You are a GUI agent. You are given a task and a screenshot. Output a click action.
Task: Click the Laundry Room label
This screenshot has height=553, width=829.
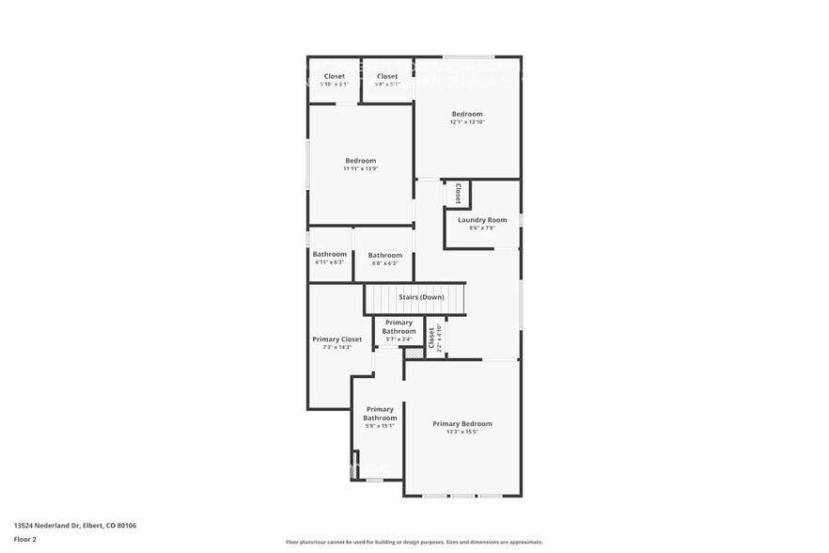pyautogui.click(x=482, y=220)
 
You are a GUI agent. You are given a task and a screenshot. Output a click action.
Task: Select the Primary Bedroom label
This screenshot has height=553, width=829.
pyautogui.click(x=461, y=424)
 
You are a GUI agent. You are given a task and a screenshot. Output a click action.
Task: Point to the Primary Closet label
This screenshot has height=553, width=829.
pyautogui.click(x=336, y=340)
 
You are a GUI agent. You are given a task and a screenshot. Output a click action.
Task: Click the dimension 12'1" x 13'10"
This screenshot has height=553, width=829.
pyautogui.click(x=467, y=122)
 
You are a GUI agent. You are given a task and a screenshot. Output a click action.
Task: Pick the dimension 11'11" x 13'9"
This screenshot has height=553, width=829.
pyautogui.click(x=360, y=169)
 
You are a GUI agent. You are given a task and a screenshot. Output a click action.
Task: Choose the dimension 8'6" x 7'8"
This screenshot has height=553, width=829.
pyautogui.click(x=482, y=229)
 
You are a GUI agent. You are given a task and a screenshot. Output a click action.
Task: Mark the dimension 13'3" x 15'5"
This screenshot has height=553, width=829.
pyautogui.click(x=461, y=433)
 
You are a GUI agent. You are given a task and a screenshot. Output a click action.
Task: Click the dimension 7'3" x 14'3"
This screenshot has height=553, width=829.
pyautogui.click(x=336, y=348)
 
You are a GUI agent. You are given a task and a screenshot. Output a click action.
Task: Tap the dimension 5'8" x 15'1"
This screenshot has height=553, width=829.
pyautogui.click(x=380, y=426)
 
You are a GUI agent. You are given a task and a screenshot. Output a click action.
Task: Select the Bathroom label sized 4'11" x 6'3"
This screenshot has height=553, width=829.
pyautogui.click(x=330, y=254)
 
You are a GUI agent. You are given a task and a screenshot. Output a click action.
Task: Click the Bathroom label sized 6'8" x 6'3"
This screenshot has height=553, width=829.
pyautogui.click(x=385, y=255)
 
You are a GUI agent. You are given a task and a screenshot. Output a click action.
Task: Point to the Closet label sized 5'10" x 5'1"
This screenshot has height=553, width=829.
pyautogui.click(x=335, y=76)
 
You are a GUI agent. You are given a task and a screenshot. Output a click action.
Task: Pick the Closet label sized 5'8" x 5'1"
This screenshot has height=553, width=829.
pyautogui.click(x=387, y=76)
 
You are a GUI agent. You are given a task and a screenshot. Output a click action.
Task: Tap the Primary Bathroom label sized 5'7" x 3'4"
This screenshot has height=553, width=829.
pyautogui.click(x=399, y=327)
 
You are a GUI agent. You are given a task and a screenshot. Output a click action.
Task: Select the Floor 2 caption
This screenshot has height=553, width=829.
pyautogui.click(x=25, y=539)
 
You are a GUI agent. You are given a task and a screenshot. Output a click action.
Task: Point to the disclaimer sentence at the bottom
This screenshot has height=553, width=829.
pyautogui.click(x=414, y=543)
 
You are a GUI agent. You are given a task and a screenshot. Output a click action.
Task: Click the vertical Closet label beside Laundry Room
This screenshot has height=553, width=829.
pyautogui.click(x=458, y=193)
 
